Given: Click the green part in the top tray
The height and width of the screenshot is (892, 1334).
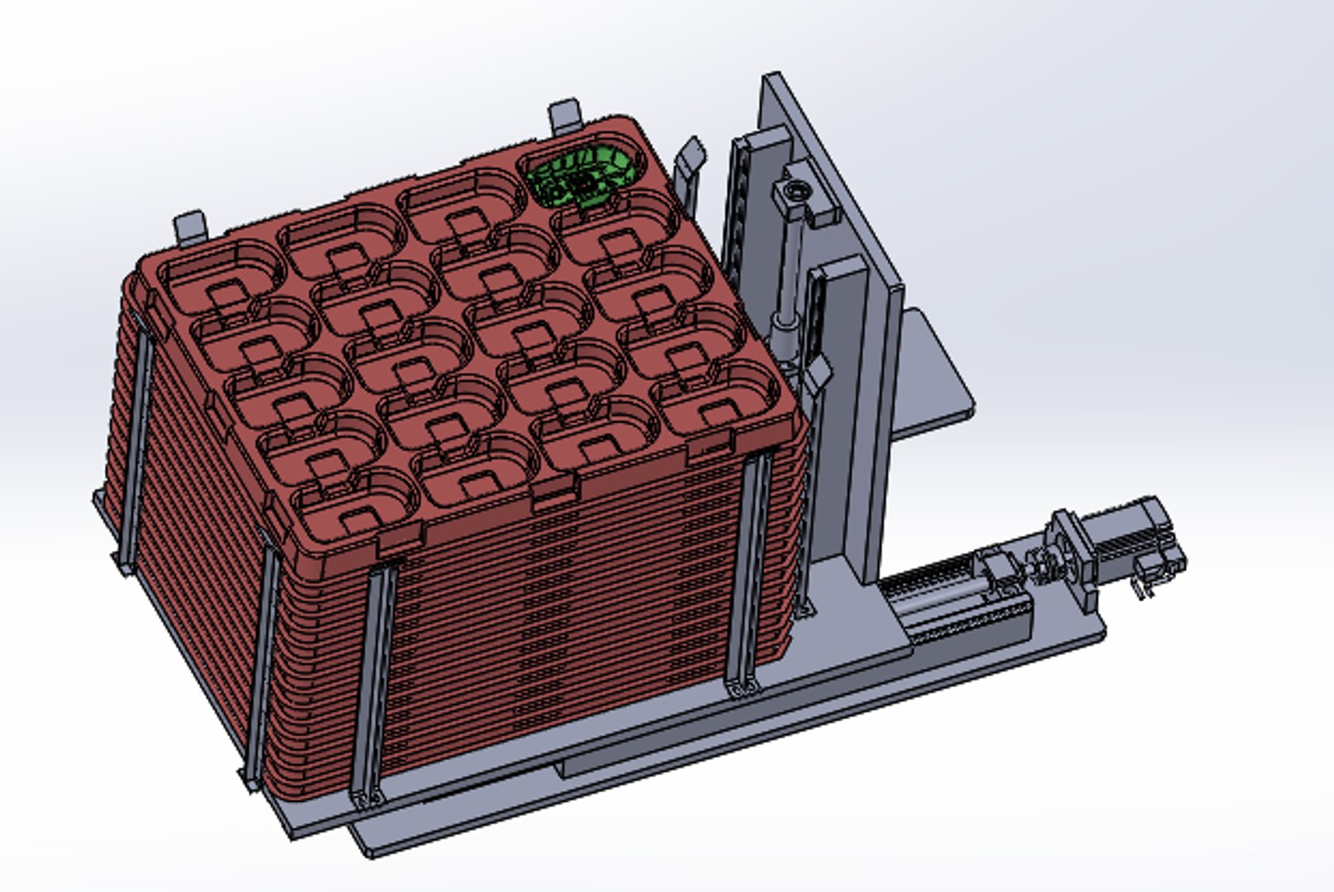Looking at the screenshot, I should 583,174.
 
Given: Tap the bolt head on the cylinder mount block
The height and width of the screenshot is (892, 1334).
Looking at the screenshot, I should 795,193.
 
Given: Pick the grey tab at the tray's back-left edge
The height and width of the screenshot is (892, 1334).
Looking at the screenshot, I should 190,225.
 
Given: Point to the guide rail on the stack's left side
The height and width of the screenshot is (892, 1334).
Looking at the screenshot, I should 136,446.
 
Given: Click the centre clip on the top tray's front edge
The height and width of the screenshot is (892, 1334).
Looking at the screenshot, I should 553,494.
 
